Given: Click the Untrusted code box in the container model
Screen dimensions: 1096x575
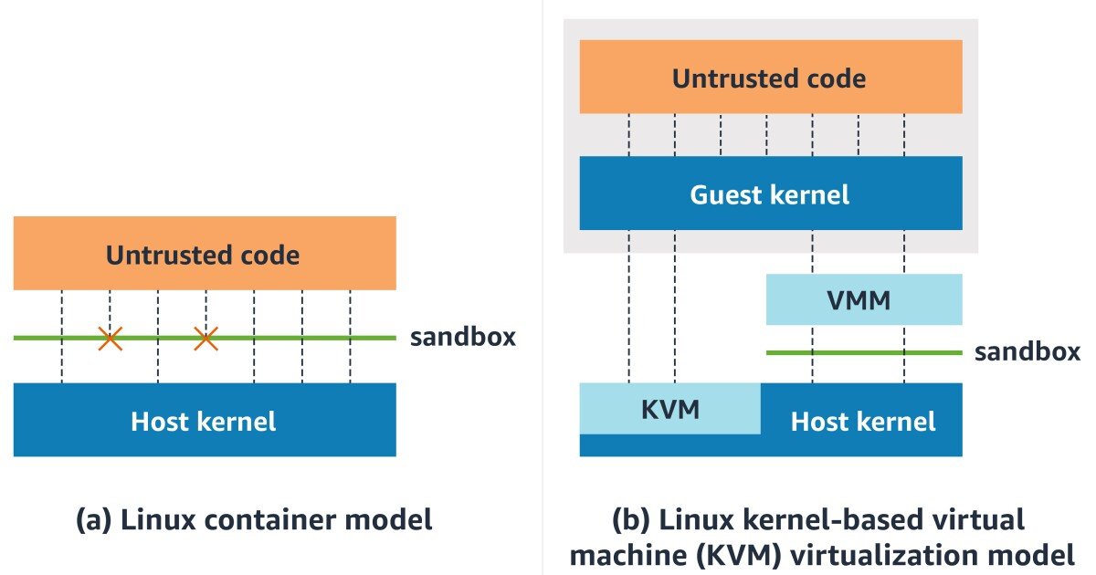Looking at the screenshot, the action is (205, 254).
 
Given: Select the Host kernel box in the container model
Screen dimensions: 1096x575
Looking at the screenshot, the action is (205, 420).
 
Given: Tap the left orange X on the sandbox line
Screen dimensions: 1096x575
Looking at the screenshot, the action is (111, 339).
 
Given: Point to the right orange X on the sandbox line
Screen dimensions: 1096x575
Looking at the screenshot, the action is (206, 339).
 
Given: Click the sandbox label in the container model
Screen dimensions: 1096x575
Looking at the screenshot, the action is (463, 338).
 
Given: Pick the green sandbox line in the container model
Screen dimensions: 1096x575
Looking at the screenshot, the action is (205, 338).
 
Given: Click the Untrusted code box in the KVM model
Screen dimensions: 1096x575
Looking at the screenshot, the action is (771, 77).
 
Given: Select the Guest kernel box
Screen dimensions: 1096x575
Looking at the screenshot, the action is (771, 193).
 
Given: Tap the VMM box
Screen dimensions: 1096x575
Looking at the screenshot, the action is (864, 299).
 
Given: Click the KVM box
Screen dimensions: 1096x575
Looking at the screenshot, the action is (670, 409).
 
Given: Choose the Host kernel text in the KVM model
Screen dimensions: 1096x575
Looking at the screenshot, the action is (863, 422).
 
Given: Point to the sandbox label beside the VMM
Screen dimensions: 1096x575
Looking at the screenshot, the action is (1027, 352).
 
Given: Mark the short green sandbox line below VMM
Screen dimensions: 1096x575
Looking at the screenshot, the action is (864, 352).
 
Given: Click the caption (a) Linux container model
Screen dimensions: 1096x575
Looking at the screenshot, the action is (254, 519).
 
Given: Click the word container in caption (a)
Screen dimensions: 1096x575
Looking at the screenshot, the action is (270, 519).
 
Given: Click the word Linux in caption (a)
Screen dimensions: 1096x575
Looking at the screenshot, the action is (158, 519).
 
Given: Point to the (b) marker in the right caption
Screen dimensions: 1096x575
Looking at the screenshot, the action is (631, 519).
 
